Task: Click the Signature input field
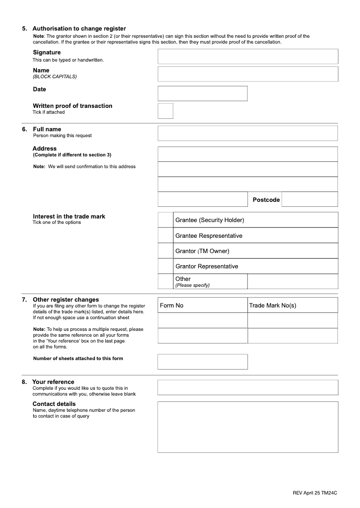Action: pos(247,57)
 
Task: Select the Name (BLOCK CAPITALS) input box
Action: pos(247,74)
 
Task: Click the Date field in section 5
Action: pos(202,94)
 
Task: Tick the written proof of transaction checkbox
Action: pos(165,111)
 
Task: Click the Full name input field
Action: pos(247,134)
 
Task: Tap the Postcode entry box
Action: pos(310,200)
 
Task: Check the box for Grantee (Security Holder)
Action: pos(165,220)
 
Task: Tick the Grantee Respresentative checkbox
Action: pos(165,236)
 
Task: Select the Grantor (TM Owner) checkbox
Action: pos(165,251)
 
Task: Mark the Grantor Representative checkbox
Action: pos(165,266)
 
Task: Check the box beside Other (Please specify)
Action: pos(165,281)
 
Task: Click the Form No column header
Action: pos(171,306)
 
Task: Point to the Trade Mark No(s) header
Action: pos(272,306)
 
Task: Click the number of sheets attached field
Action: pos(202,362)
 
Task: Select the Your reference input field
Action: pos(247,388)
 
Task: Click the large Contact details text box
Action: pos(247,427)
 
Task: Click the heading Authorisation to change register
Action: pos(79,29)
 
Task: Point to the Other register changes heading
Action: pos(66,299)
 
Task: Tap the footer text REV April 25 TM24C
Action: pos(315,493)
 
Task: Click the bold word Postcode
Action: pos(266,200)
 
